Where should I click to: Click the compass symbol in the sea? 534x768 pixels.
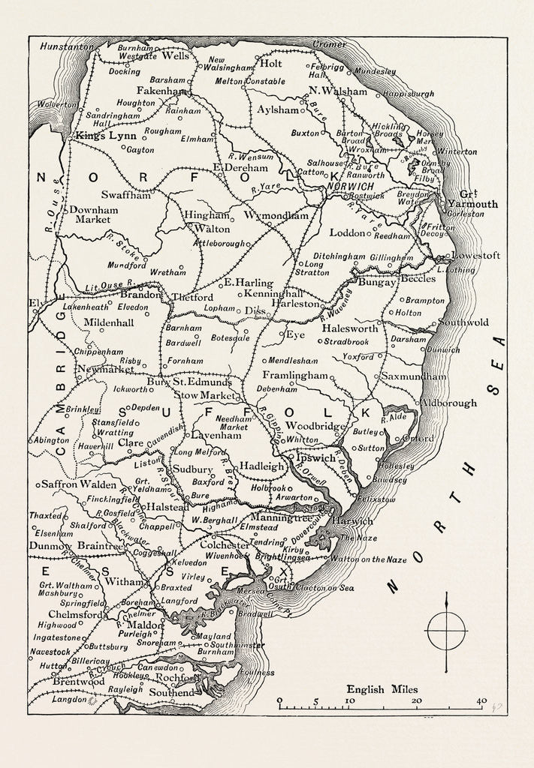[x=446, y=631]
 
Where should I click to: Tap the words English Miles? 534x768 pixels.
[x=382, y=689]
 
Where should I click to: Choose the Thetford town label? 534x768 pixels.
[x=192, y=297]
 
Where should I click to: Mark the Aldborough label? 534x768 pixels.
[x=449, y=403]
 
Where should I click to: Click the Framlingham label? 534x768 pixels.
[x=295, y=374]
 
